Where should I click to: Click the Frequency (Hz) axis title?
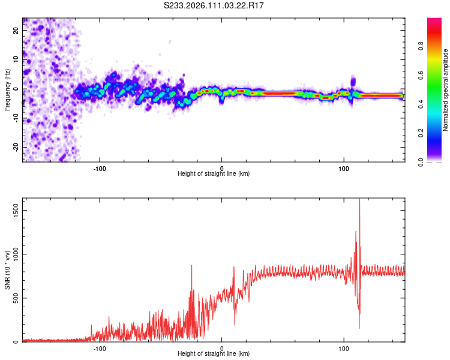7,89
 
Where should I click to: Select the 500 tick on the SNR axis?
15,298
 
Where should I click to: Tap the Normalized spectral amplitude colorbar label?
445,89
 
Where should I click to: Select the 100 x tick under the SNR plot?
344,347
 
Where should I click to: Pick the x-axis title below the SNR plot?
214,354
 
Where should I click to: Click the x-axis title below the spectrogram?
214,173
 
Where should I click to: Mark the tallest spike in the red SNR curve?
359,200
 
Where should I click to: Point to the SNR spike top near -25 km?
192,266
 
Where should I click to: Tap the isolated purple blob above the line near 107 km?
353,81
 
